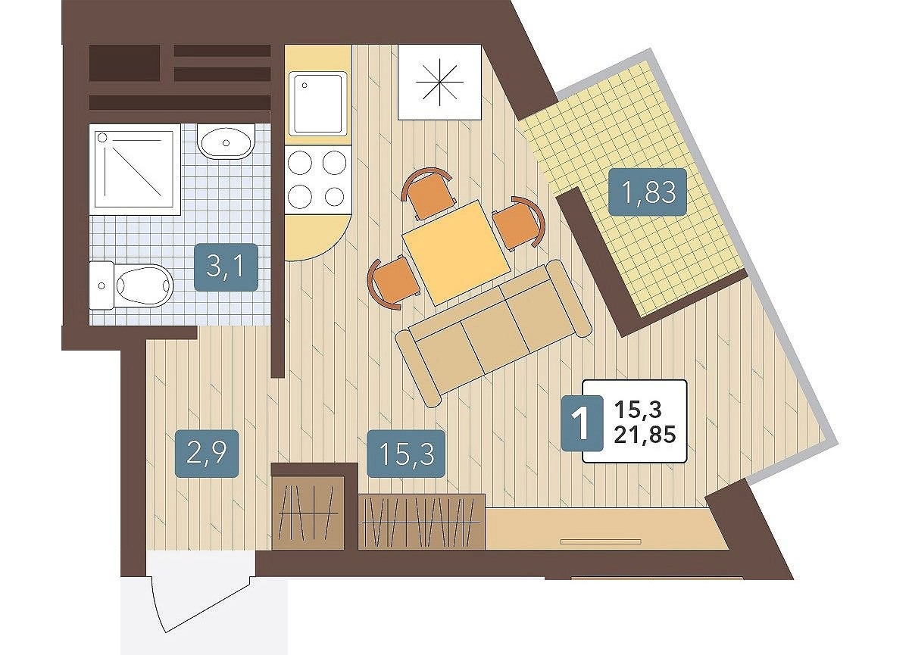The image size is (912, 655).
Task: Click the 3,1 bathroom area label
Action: (x=226, y=267)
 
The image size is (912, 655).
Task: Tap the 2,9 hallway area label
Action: (x=207, y=454)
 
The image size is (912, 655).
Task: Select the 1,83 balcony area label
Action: (x=648, y=192)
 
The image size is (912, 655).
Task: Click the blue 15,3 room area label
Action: (x=405, y=454)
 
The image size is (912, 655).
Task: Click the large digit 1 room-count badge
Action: (x=582, y=423)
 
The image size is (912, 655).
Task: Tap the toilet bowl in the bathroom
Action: (x=131, y=285)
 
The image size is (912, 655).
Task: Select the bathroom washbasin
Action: (x=226, y=142)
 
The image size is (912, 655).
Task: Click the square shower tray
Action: (x=135, y=170)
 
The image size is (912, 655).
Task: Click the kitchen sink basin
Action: (x=318, y=104)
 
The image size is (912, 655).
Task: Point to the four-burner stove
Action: (x=318, y=180)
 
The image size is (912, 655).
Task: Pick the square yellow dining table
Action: (x=457, y=252)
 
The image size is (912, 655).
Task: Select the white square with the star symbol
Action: (x=439, y=83)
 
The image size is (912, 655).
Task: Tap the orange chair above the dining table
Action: (x=428, y=193)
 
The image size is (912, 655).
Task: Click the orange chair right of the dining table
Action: (x=519, y=224)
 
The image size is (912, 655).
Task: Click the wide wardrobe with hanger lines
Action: (x=421, y=522)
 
